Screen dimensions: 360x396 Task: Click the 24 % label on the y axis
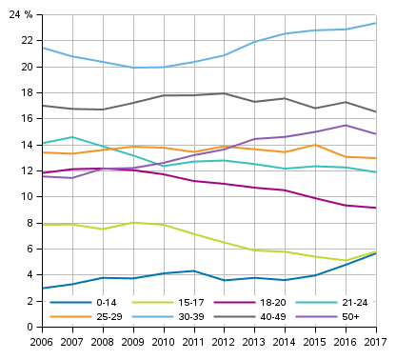[x=20, y=14]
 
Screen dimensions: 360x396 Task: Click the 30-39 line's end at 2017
[x=375, y=23]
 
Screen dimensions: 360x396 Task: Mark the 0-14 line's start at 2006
[x=42, y=289]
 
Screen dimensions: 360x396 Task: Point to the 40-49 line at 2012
[x=224, y=93]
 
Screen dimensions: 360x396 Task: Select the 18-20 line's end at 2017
[x=375, y=208]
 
